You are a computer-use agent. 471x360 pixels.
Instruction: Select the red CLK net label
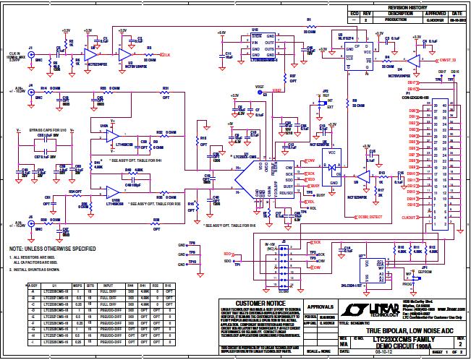166,55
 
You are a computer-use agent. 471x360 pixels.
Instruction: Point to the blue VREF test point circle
266,95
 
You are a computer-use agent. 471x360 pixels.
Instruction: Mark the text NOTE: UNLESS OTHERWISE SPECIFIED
48,249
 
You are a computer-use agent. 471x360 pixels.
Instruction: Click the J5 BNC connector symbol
30,218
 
